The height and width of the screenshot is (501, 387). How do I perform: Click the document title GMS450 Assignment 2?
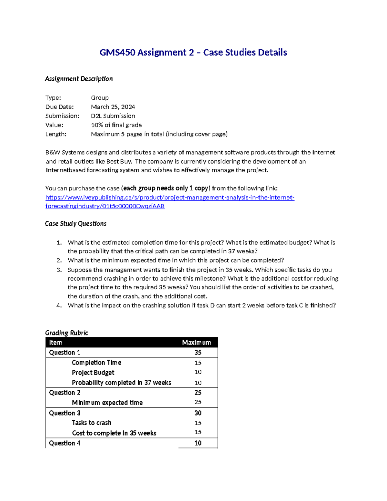(193, 52)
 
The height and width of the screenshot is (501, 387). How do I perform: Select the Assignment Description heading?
(79, 79)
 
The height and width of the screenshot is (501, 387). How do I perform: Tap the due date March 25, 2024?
(113, 107)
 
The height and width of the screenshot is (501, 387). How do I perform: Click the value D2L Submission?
(113, 116)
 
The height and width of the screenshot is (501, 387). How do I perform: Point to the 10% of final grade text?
(116, 125)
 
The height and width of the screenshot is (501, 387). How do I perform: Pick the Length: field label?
(56, 134)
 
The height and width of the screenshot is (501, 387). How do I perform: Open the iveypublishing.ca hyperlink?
(170, 197)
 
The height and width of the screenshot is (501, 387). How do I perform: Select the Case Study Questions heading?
(75, 224)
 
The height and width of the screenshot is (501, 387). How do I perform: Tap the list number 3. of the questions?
(59, 270)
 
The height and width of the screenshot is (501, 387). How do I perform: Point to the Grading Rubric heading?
(66, 333)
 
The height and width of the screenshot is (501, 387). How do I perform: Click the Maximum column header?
(196, 343)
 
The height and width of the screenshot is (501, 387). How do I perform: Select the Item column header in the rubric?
(55, 343)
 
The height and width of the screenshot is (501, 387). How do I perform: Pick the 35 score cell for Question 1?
(198, 353)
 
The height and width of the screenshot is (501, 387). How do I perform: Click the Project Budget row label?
(93, 373)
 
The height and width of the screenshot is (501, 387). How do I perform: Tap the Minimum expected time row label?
(107, 403)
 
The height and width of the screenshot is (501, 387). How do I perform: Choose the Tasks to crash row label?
(91, 423)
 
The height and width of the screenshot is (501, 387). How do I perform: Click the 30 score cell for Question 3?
(198, 413)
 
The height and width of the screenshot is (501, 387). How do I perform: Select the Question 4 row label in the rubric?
(64, 443)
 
